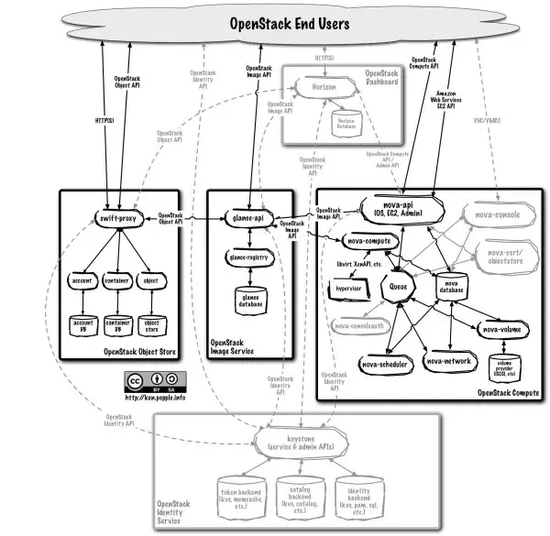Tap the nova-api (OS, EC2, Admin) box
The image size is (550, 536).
(x=400, y=209)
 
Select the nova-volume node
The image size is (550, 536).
(x=503, y=328)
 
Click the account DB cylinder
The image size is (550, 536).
(x=83, y=324)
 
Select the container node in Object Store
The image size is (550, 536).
(x=117, y=280)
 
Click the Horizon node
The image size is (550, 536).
(x=316, y=87)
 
